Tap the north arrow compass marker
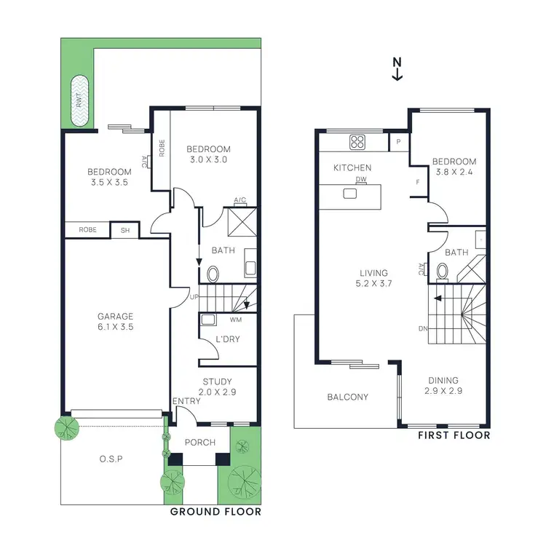[x=397, y=68]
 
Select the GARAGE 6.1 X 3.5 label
[x=116, y=322]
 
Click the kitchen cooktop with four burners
[x=357, y=142]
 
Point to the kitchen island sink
[x=351, y=194]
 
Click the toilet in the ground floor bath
[x=213, y=274]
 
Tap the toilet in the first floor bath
[x=442, y=272]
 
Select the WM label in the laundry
[x=235, y=320]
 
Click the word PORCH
[x=200, y=442]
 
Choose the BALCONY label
[x=348, y=397]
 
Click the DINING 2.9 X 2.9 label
[x=443, y=385]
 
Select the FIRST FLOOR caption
[x=454, y=435]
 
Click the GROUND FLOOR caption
[x=215, y=511]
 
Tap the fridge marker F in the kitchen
[x=418, y=182]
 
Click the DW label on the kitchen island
[x=360, y=179]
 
